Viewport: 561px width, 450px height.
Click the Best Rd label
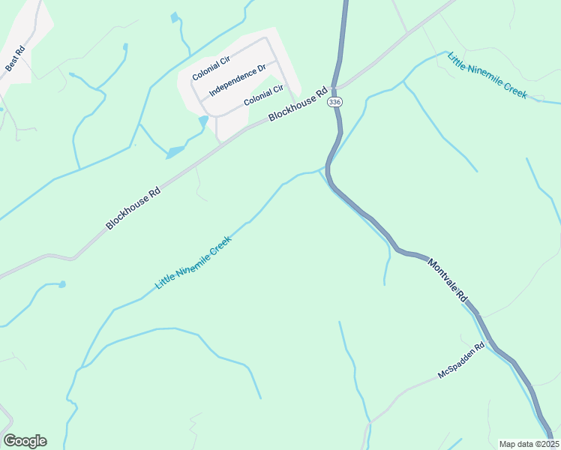point(15,59)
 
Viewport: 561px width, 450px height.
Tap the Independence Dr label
point(238,81)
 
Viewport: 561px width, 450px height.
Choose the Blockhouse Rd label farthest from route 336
point(133,208)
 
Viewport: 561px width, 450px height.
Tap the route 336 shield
point(334,102)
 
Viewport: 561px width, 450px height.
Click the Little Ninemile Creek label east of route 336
point(487,75)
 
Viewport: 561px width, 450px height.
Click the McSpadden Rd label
point(462,362)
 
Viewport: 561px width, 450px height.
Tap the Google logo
point(25,441)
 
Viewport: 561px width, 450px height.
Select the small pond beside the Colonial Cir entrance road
point(202,120)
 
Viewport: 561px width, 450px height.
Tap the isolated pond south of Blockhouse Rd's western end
point(61,284)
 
